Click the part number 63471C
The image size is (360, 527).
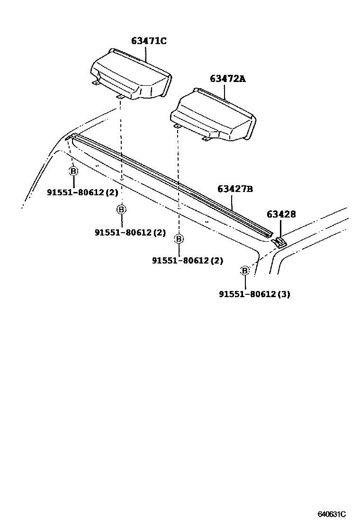pos(149,41)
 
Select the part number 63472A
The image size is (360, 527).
pos(227,79)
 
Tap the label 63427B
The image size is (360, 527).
pos(235,189)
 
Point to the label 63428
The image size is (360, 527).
pos(281,214)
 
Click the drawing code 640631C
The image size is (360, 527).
pos(332,514)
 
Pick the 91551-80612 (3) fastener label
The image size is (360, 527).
pos(254,294)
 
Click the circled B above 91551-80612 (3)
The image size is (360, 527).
pos(245,271)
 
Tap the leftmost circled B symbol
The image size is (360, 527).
pos(73,171)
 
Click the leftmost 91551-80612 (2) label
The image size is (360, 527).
pos(76,192)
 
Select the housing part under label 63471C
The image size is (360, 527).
pos(130,76)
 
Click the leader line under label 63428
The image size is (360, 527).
pos(280,228)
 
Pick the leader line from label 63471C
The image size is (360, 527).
pos(146,55)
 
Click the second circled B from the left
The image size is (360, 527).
pos(122,209)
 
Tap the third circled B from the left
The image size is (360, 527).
pos(179,239)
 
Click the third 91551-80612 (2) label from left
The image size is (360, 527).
pos(188,260)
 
